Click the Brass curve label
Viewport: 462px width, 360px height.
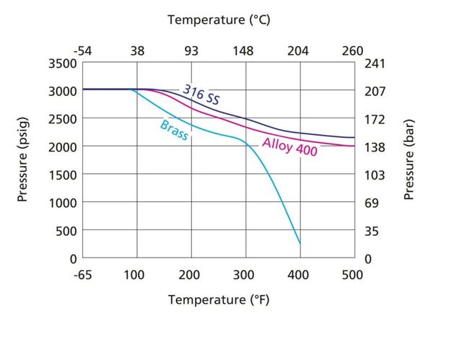click(x=174, y=131)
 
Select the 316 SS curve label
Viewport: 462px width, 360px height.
click(x=201, y=95)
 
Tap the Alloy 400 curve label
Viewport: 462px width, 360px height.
click(x=290, y=146)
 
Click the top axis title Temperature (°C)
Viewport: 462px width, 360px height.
click(x=219, y=20)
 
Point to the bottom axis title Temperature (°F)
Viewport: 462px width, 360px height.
click(x=219, y=300)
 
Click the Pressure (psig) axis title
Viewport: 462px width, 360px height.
click(x=22, y=159)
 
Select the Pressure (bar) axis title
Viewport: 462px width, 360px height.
click(x=409, y=160)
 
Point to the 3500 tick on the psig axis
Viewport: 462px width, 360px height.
click(x=63, y=63)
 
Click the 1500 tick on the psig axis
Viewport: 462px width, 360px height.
click(x=63, y=175)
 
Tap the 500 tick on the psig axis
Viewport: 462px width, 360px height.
click(x=66, y=231)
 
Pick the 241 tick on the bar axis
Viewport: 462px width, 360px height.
click(x=375, y=63)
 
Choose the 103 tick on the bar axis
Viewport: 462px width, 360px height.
click(x=375, y=175)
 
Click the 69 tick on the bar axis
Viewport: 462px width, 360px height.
click(x=372, y=203)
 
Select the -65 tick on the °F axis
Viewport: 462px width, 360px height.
click(x=83, y=275)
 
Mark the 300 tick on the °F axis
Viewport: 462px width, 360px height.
click(x=243, y=275)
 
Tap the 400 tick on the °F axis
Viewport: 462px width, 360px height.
click(x=298, y=275)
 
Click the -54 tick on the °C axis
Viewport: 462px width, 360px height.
click(x=83, y=51)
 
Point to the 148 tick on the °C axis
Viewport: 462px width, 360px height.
click(x=243, y=51)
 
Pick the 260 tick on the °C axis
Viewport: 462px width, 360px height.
click(x=352, y=51)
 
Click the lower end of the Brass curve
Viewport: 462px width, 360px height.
click(x=300, y=243)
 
